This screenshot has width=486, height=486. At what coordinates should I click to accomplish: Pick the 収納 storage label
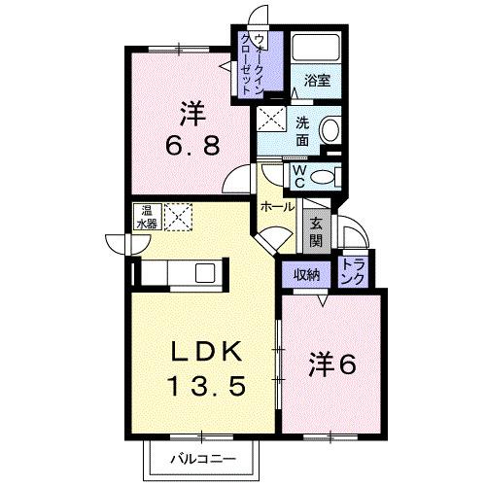click(307, 275)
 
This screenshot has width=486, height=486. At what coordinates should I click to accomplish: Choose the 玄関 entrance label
click(317, 233)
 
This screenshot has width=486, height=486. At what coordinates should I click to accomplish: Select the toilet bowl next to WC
click(327, 176)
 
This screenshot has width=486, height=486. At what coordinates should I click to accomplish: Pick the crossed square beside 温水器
click(178, 217)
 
